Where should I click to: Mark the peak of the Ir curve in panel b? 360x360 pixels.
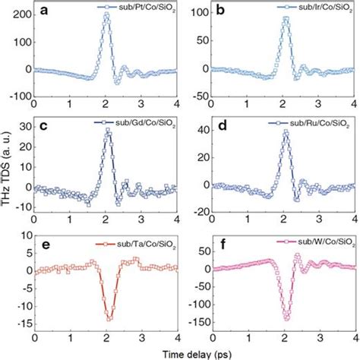pyautogui.click(x=286, y=18)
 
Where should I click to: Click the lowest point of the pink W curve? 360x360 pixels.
pyautogui.click(x=286, y=319)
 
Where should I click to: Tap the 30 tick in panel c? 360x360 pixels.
pyautogui.click(x=25, y=127)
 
